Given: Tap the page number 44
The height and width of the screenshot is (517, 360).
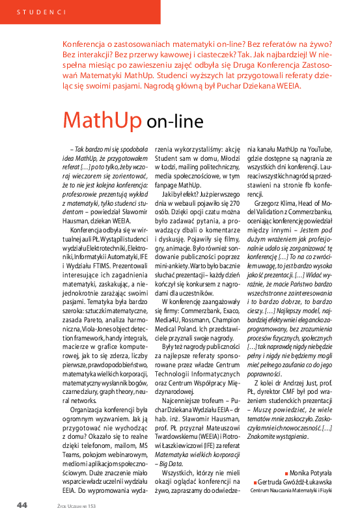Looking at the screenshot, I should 22,505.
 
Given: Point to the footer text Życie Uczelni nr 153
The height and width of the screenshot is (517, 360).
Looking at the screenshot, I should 77,505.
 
